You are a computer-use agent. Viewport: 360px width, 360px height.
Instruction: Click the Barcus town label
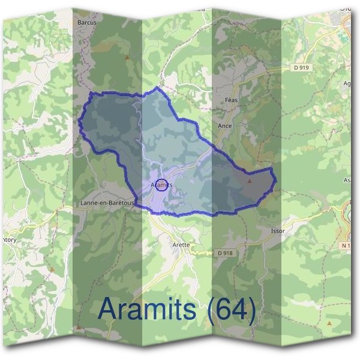(x=87, y=22)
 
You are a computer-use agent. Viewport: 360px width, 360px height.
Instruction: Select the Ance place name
(x=225, y=126)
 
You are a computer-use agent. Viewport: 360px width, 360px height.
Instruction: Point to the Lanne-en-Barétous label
(x=107, y=203)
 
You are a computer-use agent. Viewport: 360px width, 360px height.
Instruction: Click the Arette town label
(x=181, y=245)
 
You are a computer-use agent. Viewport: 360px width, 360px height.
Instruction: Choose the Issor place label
(x=278, y=231)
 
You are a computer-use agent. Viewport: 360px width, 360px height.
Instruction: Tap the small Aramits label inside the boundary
(x=161, y=185)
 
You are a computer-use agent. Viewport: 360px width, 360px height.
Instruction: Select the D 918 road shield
(x=224, y=253)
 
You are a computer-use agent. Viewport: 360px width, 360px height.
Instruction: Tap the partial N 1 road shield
(x=346, y=246)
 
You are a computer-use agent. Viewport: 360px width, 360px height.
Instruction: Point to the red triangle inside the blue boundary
(x=250, y=179)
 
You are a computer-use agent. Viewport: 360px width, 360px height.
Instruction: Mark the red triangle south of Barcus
(x=127, y=58)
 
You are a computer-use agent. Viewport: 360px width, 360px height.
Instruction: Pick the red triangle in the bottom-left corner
(x=79, y=327)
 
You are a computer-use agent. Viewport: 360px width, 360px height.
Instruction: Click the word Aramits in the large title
(x=146, y=309)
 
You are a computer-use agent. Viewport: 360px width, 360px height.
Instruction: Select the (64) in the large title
(x=230, y=309)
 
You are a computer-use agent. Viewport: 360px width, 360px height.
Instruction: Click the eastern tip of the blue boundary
(x=275, y=179)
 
